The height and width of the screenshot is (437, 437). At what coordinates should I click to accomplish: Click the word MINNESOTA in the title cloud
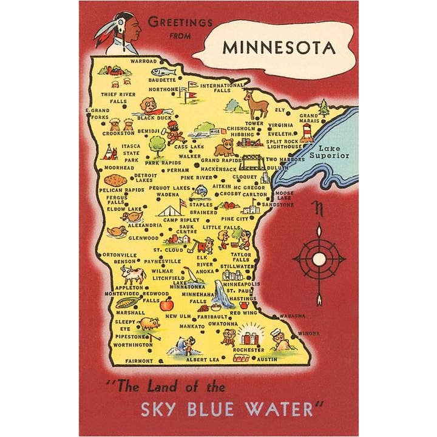click(279, 47)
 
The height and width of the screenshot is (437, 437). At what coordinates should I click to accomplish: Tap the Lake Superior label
click(330, 152)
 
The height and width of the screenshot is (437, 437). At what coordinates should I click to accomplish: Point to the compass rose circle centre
click(319, 259)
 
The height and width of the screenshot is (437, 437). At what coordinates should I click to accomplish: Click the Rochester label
click(249, 350)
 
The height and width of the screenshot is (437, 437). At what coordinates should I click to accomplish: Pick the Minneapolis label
click(241, 284)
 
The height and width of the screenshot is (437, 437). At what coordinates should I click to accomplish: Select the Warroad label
click(144, 61)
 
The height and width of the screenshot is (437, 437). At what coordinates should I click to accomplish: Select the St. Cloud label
click(167, 249)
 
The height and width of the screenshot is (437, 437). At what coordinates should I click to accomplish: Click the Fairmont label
click(139, 361)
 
